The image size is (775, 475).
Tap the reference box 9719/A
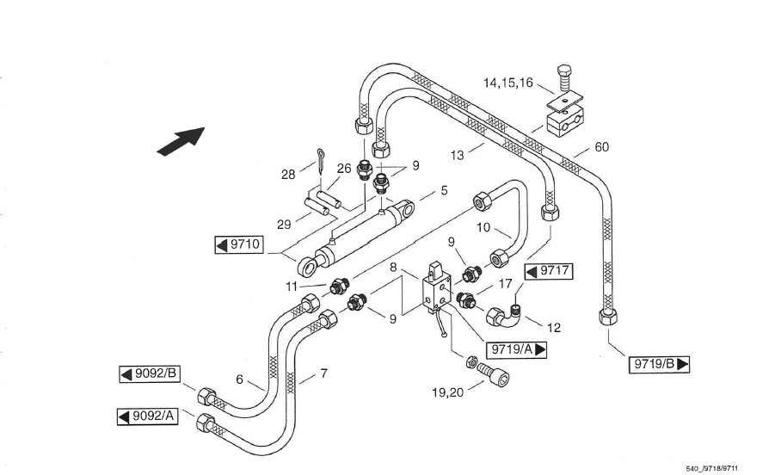[x=517, y=349]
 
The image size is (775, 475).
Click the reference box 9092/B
[x=149, y=373]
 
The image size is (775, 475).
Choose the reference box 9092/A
[x=147, y=417]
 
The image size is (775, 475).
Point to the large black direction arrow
[x=181, y=139]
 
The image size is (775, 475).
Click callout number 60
[x=602, y=147]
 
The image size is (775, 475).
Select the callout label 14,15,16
[x=507, y=83]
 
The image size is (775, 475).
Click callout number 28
[x=288, y=175]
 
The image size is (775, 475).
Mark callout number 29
[x=283, y=224]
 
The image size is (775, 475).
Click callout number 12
[x=554, y=327]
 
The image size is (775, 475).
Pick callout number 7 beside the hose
[x=323, y=374]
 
